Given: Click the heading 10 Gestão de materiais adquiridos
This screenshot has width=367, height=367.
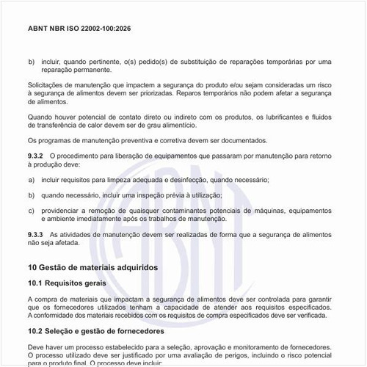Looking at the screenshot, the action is coord(92,268).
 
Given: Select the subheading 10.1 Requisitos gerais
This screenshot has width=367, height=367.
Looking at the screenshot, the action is coord(67,283).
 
